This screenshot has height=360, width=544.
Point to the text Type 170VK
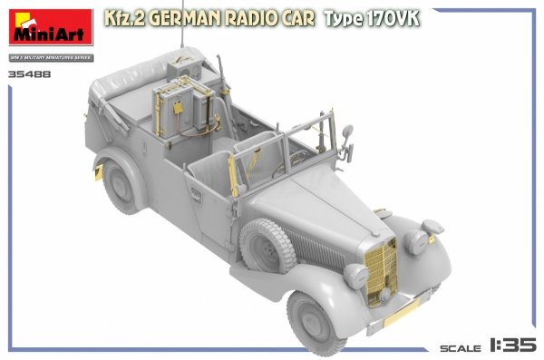(x=368, y=19)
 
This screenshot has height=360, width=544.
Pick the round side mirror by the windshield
(x=347, y=133)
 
